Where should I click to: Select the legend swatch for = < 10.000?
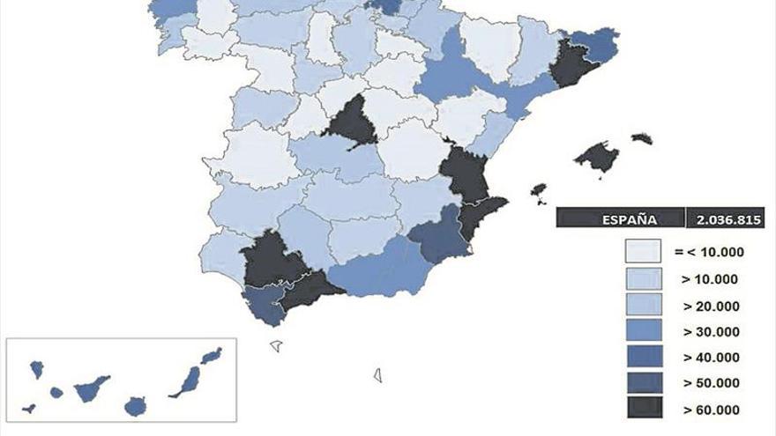tap(643, 252)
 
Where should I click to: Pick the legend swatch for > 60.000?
tap(643, 409)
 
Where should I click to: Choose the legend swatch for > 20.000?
tap(643, 305)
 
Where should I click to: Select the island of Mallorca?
tap(598, 158)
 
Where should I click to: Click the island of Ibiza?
tap(538, 189)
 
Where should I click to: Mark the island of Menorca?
tap(642, 138)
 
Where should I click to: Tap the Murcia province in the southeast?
tap(437, 236)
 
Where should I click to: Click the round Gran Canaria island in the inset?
tap(135, 406)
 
